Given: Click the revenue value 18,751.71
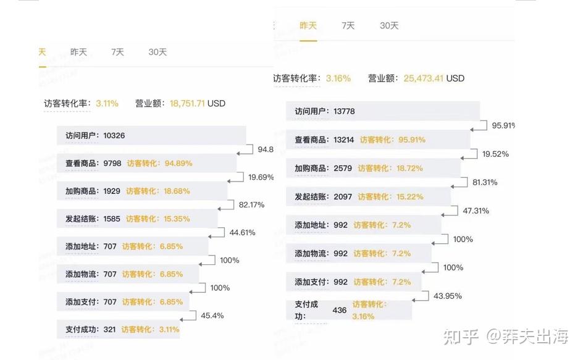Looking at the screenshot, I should pos(187,103).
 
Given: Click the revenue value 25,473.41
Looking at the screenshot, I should pos(424,78).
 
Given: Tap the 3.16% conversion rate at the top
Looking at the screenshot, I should pos(338,78).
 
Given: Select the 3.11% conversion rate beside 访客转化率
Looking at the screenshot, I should pos(107,103).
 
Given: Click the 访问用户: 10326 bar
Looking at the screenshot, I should pos(151,135).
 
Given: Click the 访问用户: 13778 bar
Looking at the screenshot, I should pos(382,111).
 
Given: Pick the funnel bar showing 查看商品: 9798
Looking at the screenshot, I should pos(147,163).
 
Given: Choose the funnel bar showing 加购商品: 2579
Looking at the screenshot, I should pos(373,168).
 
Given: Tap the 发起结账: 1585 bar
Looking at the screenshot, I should pos(137,219).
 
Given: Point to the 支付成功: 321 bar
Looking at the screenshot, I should pos(118,329).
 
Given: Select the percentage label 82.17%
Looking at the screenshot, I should pos(251,205).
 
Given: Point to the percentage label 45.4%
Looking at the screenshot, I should pos(212,316).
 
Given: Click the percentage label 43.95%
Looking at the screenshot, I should pos(448,296).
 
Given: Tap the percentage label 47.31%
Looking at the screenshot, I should pos(476,211).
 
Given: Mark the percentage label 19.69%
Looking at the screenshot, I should pos(261,177).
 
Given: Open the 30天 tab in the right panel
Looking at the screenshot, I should pos(389,25).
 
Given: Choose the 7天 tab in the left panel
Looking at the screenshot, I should pos(117,52).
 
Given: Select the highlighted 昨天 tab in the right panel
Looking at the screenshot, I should pos(308,25).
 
